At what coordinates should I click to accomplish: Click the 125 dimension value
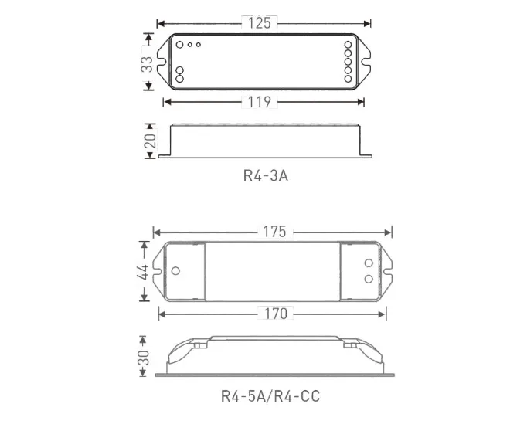tap(260, 23)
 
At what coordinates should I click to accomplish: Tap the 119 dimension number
tap(260, 102)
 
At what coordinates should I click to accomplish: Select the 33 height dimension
tap(147, 64)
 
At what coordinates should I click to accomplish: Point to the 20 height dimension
tap(150, 141)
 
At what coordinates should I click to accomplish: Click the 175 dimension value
tap(274, 232)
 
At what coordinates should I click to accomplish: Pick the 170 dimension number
tap(276, 314)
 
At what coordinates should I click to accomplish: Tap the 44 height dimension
tap(144, 271)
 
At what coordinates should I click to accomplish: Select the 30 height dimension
tap(144, 358)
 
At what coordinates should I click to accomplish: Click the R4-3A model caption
tap(266, 175)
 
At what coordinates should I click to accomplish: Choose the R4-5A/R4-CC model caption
tap(270, 396)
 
